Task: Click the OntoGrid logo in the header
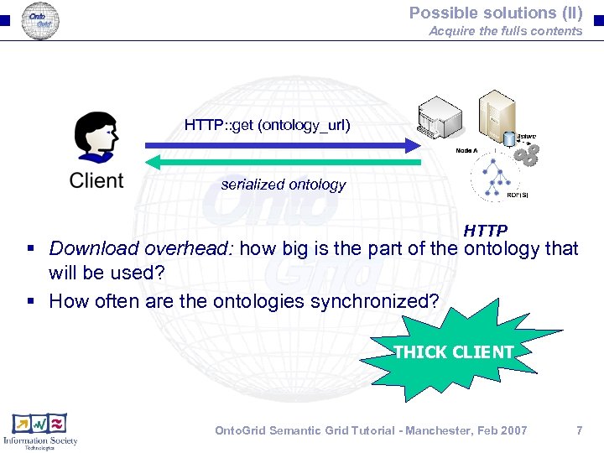coord(40,20)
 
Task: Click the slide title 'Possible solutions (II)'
coord(495,13)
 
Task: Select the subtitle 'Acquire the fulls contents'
coord(505,31)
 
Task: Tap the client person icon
coord(96,138)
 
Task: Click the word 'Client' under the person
coord(96,180)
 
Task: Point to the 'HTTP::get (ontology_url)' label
coord(267,126)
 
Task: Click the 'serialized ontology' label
coord(283,185)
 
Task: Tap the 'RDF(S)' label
coord(518,195)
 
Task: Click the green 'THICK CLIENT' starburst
coord(453,351)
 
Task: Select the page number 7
coord(579,430)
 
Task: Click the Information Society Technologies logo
coord(40,431)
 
